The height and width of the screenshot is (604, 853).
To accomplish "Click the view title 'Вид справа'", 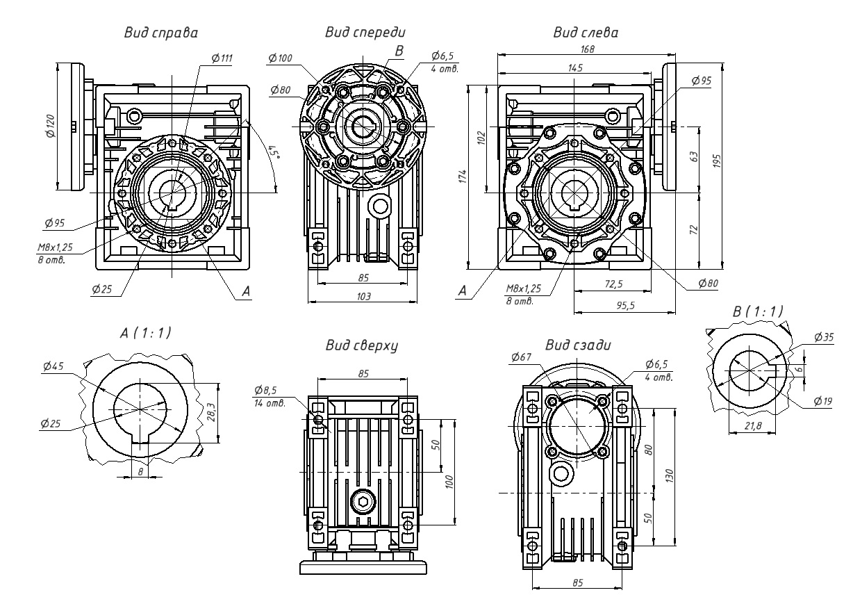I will (x=160, y=33).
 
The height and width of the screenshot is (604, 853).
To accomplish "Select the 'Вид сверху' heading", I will (x=357, y=346).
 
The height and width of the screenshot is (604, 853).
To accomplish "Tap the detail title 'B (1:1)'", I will (x=758, y=312).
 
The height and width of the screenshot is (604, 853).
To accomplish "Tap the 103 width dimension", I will (x=363, y=296).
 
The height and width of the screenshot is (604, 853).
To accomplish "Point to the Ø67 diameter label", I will (x=521, y=357).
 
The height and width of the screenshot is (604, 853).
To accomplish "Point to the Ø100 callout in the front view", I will (x=280, y=58).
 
